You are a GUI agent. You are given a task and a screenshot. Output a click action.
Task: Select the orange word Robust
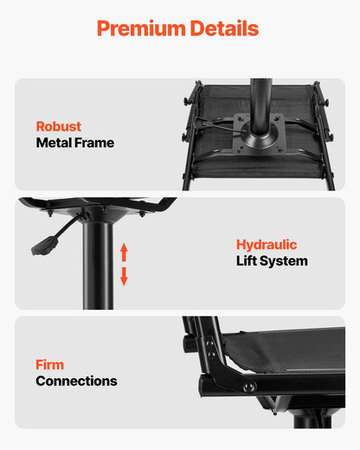[x=59, y=126]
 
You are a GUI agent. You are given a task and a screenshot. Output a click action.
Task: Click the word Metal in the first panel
[x=55, y=143]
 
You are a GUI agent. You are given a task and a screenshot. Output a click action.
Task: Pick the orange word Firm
[x=50, y=364]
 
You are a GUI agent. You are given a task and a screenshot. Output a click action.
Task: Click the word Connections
[x=76, y=381]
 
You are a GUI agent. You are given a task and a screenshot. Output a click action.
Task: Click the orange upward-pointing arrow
[x=124, y=252]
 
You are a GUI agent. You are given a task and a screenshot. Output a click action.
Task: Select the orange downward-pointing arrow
[x=124, y=276]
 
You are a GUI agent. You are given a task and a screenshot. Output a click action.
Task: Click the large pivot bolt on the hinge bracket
[x=249, y=387]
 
